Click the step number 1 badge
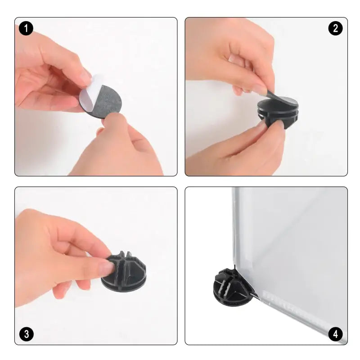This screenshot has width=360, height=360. click(x=26, y=28)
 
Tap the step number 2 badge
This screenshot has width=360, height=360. click(x=335, y=28)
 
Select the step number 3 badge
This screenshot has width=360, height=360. click(x=26, y=334)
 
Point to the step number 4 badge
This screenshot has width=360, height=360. click(x=335, y=334)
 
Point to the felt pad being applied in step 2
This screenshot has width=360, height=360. click(x=283, y=99)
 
